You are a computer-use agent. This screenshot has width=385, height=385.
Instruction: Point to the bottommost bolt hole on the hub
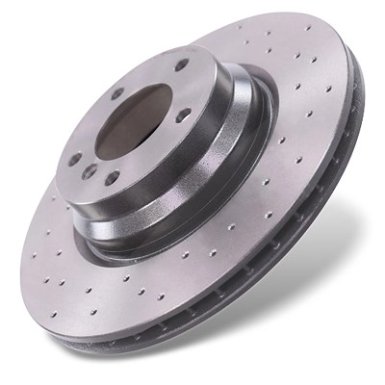pyautogui.click(x=113, y=177)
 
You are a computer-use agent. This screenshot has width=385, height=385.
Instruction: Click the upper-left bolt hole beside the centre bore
pyautogui.click(x=116, y=94)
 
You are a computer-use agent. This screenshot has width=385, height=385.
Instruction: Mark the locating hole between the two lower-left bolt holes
pyautogui.click(x=90, y=171)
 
